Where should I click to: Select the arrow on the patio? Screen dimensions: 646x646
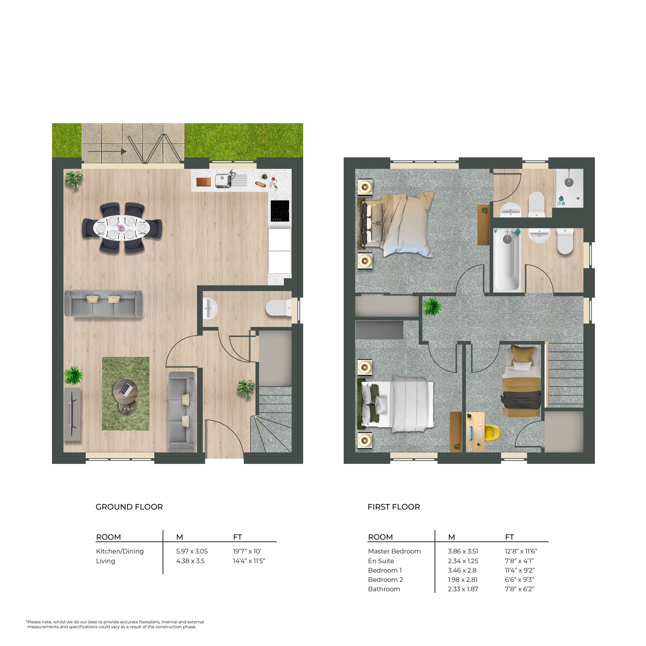[107, 152]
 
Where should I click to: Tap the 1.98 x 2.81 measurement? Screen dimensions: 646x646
[463, 579]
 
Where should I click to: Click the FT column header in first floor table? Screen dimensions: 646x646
[509, 537]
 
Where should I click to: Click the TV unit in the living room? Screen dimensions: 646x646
[72, 414]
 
